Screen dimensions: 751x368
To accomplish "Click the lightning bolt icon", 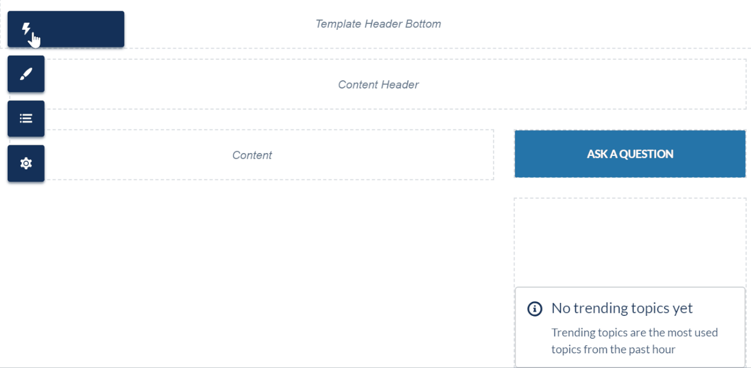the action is click(26, 29).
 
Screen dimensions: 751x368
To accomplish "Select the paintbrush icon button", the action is click(26, 74).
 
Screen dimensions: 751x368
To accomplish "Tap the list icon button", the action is click(26, 118).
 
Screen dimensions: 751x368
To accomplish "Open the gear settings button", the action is click(26, 163).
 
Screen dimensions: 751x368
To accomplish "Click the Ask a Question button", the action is click(630, 154).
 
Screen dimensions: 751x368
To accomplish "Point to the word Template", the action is click(338, 24).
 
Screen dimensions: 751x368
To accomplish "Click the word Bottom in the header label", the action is click(423, 24).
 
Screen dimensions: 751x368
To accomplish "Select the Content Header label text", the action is click(378, 85).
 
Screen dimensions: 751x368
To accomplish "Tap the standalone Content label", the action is click(252, 155).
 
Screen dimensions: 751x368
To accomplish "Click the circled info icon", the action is click(535, 309).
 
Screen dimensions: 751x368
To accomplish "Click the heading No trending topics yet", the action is click(622, 308).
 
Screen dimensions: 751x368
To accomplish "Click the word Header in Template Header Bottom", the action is click(383, 24).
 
